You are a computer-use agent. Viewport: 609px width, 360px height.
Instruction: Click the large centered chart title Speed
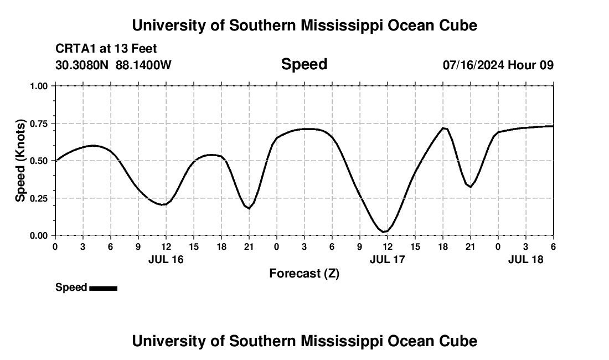(x=304, y=64)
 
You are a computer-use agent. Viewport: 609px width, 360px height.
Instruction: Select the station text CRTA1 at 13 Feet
(x=106, y=49)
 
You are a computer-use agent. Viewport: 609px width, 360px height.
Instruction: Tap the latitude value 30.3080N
(x=82, y=65)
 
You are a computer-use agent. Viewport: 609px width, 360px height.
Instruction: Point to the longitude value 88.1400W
(x=143, y=65)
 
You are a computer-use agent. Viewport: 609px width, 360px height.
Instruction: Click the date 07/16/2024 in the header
(x=473, y=65)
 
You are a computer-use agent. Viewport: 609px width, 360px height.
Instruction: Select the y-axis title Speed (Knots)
(x=20, y=161)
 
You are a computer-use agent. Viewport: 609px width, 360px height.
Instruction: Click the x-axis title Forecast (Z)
(x=304, y=273)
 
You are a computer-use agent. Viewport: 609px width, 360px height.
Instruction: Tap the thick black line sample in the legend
(x=103, y=288)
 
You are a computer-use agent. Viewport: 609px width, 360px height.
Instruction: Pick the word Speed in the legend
(x=71, y=287)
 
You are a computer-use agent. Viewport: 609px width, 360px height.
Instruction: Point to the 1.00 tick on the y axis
(x=39, y=86)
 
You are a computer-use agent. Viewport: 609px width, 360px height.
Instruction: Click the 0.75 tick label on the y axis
(x=39, y=124)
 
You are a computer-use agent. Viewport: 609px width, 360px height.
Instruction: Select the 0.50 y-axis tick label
(x=39, y=161)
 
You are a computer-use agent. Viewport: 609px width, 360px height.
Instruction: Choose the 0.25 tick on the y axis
(x=39, y=198)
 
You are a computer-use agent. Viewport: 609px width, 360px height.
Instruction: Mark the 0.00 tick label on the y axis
(x=39, y=235)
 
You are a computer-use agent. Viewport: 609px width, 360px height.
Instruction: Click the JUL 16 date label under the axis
(x=166, y=259)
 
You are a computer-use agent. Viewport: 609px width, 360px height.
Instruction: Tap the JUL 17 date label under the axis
(x=387, y=259)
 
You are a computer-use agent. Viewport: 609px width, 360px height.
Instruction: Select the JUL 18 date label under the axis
(x=525, y=259)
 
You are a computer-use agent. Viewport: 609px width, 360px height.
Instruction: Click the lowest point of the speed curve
(x=384, y=232)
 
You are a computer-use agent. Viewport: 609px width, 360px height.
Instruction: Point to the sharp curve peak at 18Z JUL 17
(x=443, y=128)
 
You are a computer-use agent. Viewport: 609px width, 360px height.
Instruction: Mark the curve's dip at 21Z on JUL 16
(x=249, y=208)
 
